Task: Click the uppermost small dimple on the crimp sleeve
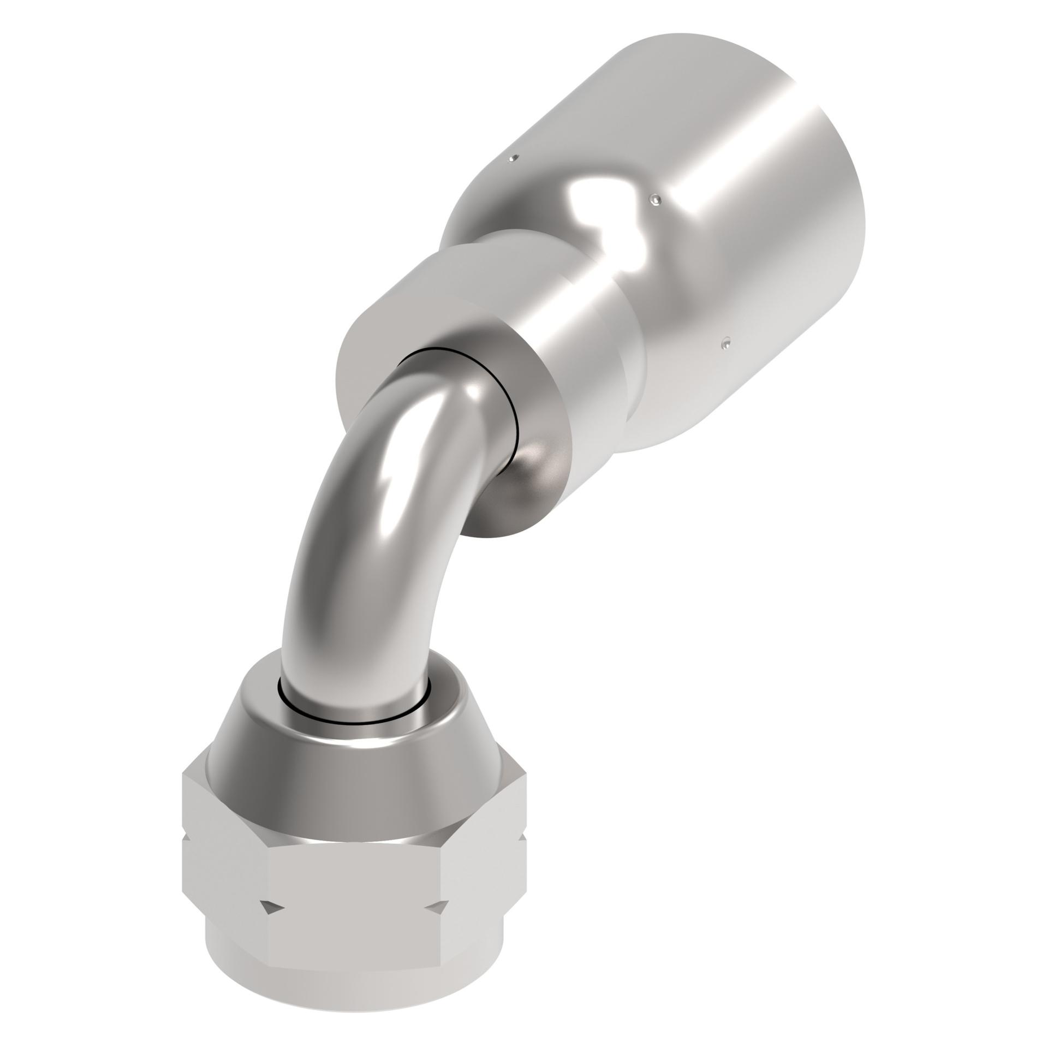click(511, 159)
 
